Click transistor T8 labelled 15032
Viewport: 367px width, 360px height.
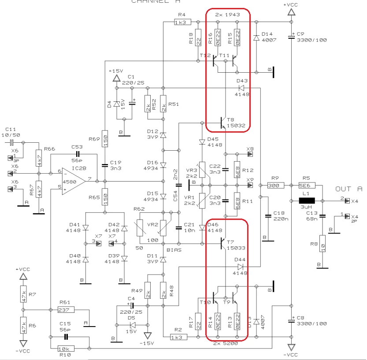pyautogui.click(x=223, y=123)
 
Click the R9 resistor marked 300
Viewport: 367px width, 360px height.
pyautogui.click(x=275, y=186)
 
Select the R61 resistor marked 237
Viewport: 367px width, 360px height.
pyautogui.click(x=66, y=310)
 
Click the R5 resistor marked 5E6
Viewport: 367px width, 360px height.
pyautogui.click(x=307, y=186)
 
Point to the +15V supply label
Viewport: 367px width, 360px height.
pyautogui.click(x=117, y=71)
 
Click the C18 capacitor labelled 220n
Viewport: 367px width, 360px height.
pyautogui.click(x=267, y=215)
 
